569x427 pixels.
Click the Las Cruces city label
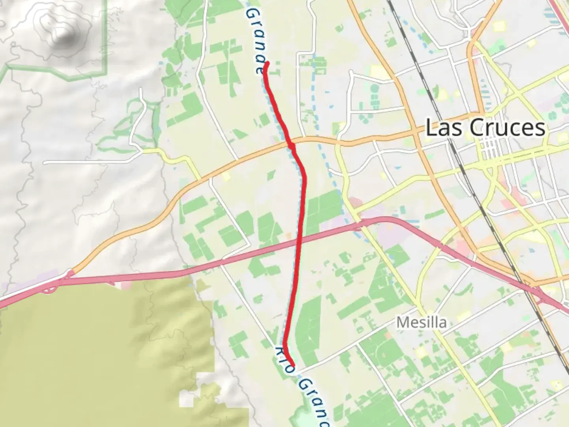pyautogui.click(x=485, y=128)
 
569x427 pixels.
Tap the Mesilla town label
pyautogui.click(x=422, y=322)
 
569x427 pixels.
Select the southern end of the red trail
pyautogui.click(x=293, y=365)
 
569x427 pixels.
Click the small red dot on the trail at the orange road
pyautogui.click(x=292, y=146)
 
